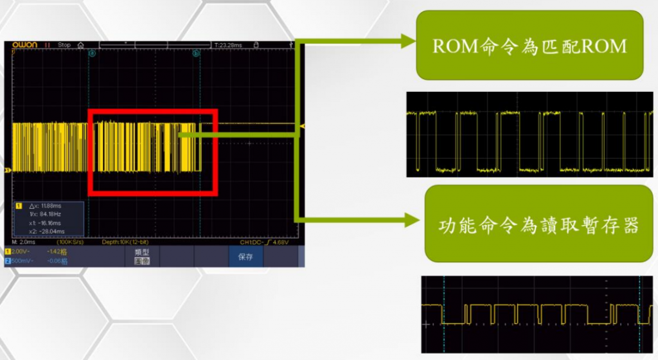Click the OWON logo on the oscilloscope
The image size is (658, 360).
(x=26, y=45)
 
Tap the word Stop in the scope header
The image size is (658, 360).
(x=64, y=45)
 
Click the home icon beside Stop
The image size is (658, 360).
(x=80, y=45)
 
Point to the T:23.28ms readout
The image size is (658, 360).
(x=228, y=45)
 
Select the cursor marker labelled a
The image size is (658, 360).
(x=92, y=53)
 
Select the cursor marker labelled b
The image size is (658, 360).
(x=195, y=53)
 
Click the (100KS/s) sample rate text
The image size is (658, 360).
(x=70, y=242)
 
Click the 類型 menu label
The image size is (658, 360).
(x=141, y=252)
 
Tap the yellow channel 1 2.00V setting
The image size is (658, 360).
(x=18, y=251)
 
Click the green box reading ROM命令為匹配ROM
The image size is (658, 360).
(x=529, y=46)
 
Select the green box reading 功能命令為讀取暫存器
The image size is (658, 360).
(x=529, y=224)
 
